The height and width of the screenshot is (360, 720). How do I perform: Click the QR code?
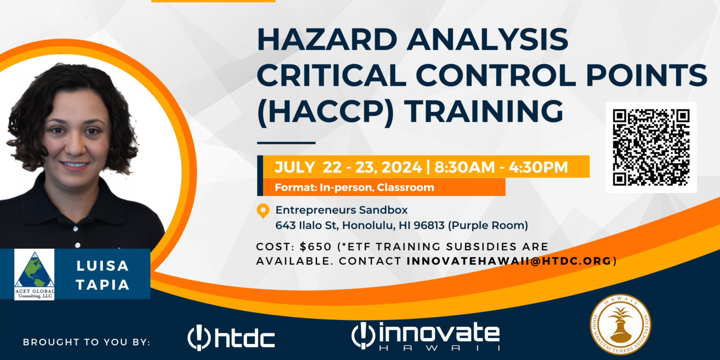pyautogui.click(x=651, y=147)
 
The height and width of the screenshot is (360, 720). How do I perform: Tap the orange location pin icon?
pyautogui.click(x=263, y=211)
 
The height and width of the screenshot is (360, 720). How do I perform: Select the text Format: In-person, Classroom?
pyautogui.click(x=354, y=187)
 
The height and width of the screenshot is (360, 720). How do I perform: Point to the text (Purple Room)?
pyautogui.click(x=488, y=225)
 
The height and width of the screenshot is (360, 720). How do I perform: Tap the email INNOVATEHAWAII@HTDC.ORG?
pyautogui.click(x=510, y=261)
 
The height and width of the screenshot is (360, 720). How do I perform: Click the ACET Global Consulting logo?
pyautogui.click(x=34, y=274)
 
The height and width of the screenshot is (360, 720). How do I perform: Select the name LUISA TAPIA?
pyautogui.click(x=103, y=275)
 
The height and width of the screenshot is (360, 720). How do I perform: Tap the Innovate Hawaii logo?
pyautogui.click(x=425, y=336)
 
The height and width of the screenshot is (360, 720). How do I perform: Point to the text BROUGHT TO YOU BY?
pyautogui.click(x=87, y=342)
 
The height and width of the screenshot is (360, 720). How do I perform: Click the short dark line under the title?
pyautogui.click(x=286, y=142)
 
